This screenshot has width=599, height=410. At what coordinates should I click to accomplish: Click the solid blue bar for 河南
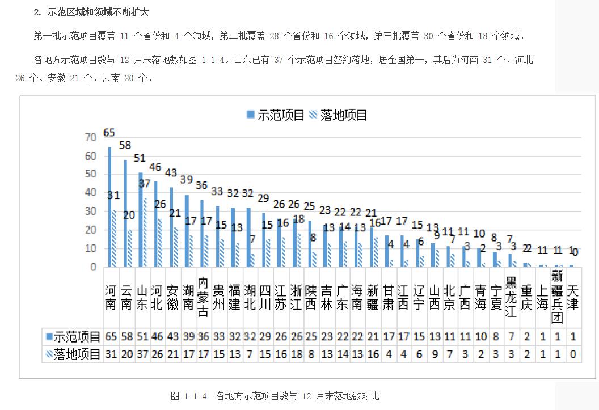pos(109,207)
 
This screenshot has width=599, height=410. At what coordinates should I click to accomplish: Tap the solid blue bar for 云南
pos(125,213)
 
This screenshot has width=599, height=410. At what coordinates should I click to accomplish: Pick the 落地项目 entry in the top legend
pos(339,115)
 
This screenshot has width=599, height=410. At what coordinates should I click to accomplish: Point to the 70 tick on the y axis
pos(91,137)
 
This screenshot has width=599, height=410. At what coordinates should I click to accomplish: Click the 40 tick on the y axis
pos(91,193)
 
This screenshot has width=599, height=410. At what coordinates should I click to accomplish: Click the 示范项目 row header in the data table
pos(74,336)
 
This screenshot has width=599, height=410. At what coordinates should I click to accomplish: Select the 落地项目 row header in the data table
pos(74,354)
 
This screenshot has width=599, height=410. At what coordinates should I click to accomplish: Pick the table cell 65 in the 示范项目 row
pos(111,336)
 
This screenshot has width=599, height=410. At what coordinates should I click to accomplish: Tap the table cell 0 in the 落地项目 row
pos(573,354)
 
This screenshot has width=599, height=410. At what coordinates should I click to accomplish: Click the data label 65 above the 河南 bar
pos(109,133)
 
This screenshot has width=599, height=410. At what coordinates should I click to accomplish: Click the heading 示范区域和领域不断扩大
pos(99,12)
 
